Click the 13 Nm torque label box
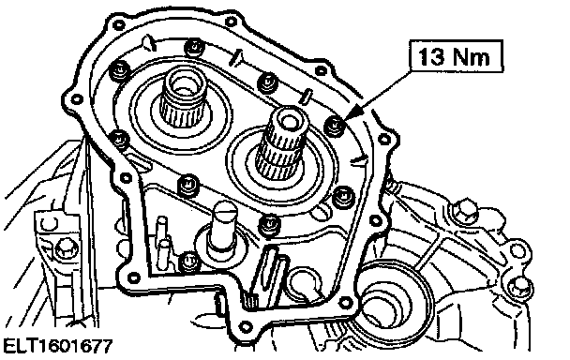pyautogui.click(x=457, y=56)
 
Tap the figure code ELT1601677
pyautogui.click(x=58, y=346)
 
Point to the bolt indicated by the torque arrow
pyautogui.click(x=335, y=126)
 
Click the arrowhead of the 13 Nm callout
pyautogui.click(x=350, y=114)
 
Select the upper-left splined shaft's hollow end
pyautogui.click(x=185, y=84)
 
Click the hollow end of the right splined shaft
pyautogui.click(x=290, y=121)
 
